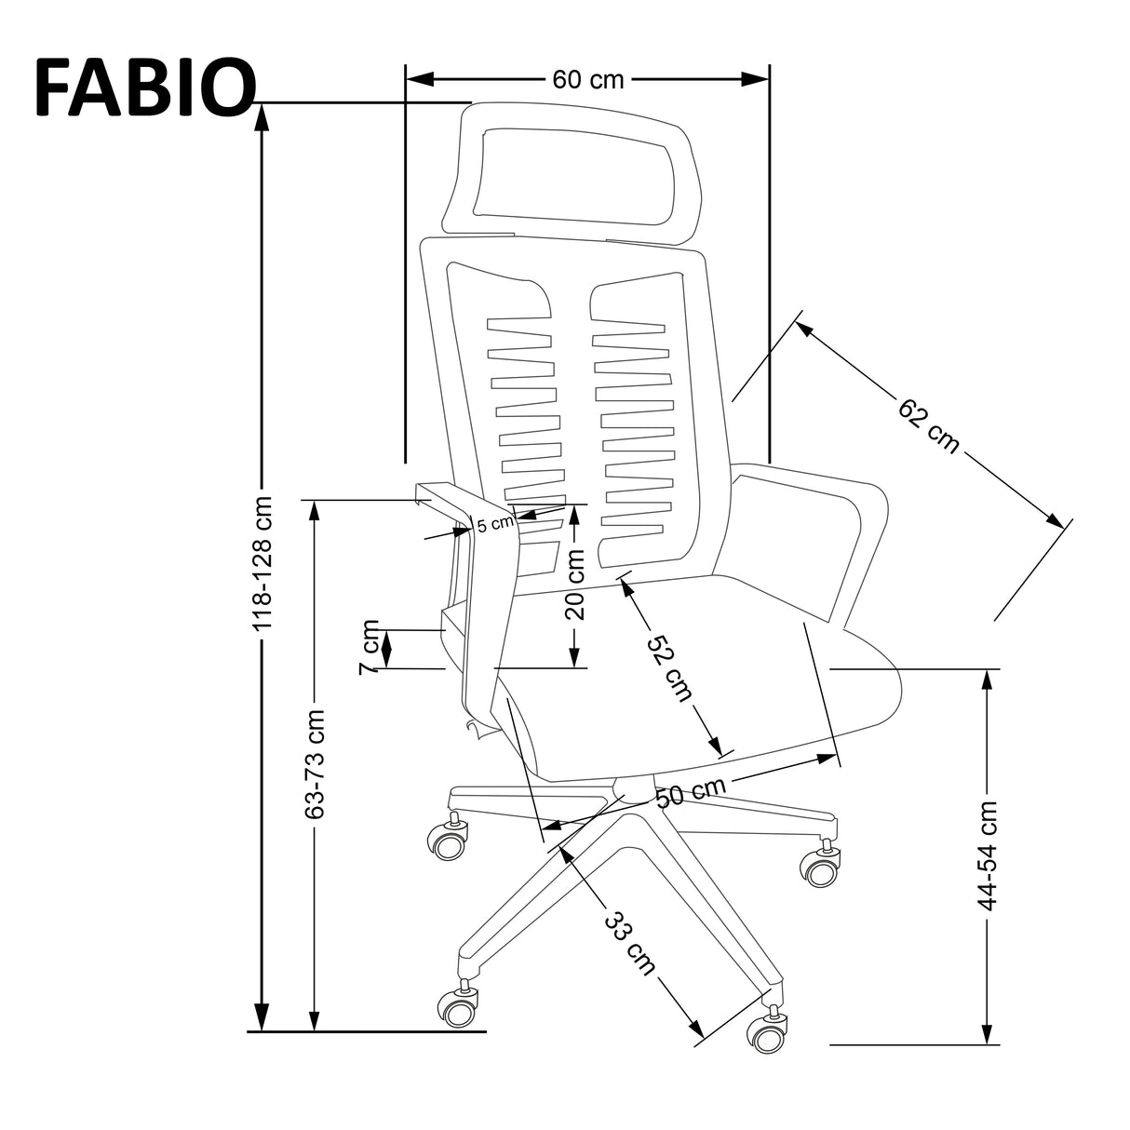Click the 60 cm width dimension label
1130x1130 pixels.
click(587, 79)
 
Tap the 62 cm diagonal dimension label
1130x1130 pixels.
click(928, 425)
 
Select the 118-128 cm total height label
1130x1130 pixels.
click(263, 562)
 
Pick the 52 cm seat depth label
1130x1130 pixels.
click(671, 668)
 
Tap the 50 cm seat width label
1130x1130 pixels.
click(690, 792)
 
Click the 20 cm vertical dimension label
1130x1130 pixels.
click(575, 585)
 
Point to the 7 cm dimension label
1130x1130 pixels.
click(370, 646)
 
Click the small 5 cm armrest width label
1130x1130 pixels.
click(495, 523)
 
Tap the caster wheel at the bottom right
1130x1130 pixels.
click(767, 1034)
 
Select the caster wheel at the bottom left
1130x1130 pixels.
click(459, 1008)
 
